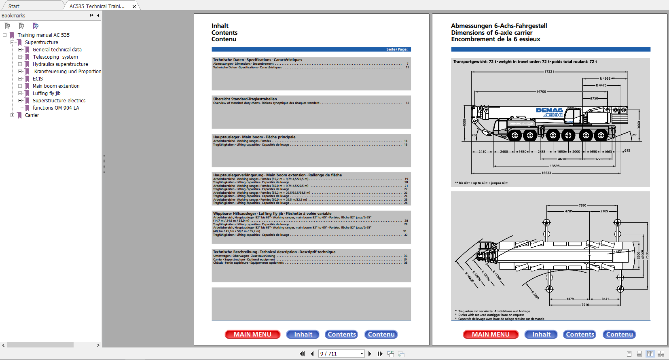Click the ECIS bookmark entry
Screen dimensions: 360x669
click(x=38, y=79)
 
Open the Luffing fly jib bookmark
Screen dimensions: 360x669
click(x=47, y=93)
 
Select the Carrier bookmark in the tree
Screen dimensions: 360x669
click(x=32, y=115)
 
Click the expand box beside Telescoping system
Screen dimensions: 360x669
click(x=20, y=57)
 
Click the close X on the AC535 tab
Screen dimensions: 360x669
click(x=134, y=6)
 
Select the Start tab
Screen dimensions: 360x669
click(x=14, y=6)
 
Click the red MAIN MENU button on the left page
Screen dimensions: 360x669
click(x=252, y=335)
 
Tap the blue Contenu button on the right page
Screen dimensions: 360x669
click(x=619, y=335)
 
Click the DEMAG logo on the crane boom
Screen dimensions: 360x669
click(x=549, y=110)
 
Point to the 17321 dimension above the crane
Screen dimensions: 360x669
click(x=549, y=72)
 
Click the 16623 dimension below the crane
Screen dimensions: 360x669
click(x=546, y=173)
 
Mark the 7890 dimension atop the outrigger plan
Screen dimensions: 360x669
click(x=582, y=205)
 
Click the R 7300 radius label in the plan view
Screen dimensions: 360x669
click(x=535, y=295)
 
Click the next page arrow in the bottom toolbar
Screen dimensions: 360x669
click(x=370, y=354)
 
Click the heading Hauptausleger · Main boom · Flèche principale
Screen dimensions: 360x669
click(x=254, y=137)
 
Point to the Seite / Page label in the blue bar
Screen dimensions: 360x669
click(x=397, y=49)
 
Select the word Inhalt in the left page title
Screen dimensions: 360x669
click(x=220, y=26)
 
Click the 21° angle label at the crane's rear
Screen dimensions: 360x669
click(x=634, y=135)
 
